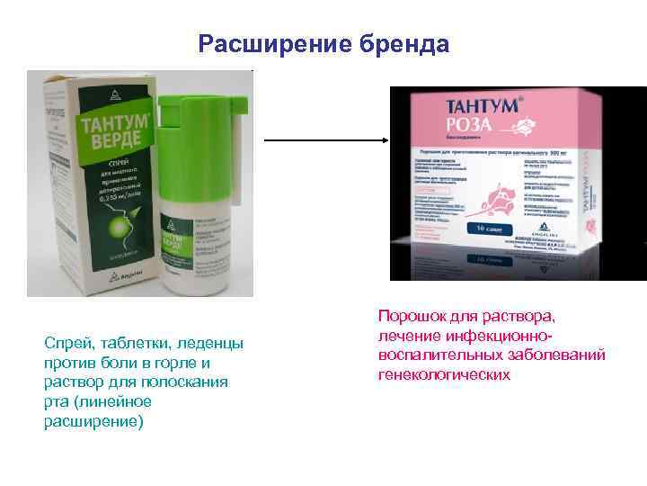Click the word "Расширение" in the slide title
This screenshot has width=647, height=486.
[x=261, y=44]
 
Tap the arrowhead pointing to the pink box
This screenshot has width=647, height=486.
[x=384, y=140]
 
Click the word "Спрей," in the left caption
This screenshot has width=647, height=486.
[x=68, y=344]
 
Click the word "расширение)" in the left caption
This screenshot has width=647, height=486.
[x=93, y=421]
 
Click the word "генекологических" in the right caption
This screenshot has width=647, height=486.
[x=444, y=374]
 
